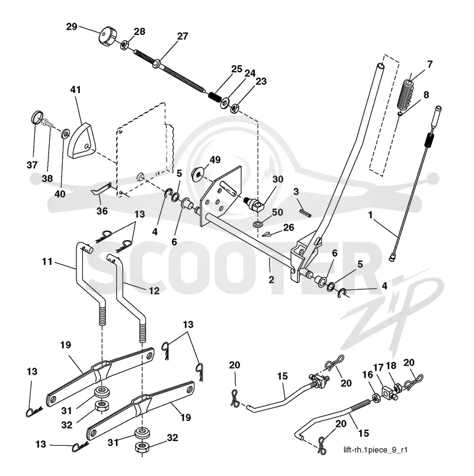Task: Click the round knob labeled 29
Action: [107, 36]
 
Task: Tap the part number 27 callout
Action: [182, 36]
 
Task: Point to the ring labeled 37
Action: [37, 117]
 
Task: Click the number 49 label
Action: [215, 159]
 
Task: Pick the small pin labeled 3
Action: [305, 210]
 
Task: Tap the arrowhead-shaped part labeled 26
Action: [270, 234]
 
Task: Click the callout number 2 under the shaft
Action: [271, 279]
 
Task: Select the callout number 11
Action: [47, 261]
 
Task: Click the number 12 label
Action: [154, 291]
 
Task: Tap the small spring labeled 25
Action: [216, 97]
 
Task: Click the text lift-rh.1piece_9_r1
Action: [376, 449]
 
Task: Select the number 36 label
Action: [102, 210]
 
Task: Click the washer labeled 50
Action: [258, 225]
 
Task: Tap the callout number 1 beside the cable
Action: [370, 215]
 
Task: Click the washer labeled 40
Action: [66, 133]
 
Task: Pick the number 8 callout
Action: [426, 95]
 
